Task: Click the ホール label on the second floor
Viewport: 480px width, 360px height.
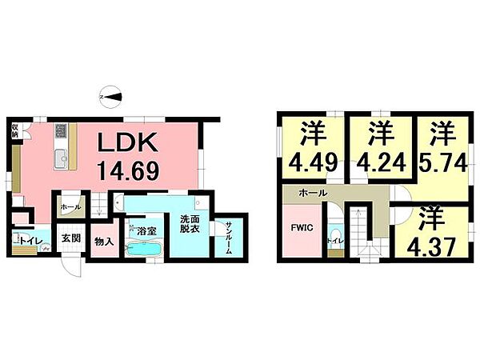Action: tap(310, 194)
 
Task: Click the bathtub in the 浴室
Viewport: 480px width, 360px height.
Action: tap(144, 249)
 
